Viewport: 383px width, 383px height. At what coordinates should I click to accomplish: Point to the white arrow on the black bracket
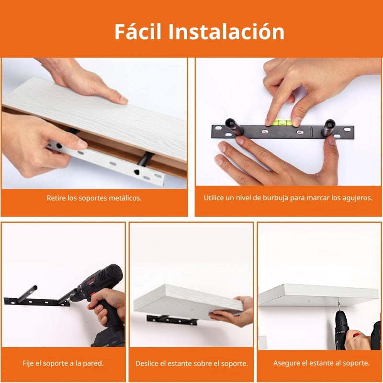(311, 130)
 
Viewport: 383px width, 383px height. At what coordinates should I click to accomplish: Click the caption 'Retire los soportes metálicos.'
(94, 198)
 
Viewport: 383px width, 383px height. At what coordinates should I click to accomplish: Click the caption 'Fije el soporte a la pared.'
(63, 363)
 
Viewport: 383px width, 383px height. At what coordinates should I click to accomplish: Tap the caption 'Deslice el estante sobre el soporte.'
(191, 363)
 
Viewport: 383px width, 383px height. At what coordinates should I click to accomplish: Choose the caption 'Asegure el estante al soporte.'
(321, 363)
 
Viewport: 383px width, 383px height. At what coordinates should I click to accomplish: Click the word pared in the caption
(92, 363)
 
